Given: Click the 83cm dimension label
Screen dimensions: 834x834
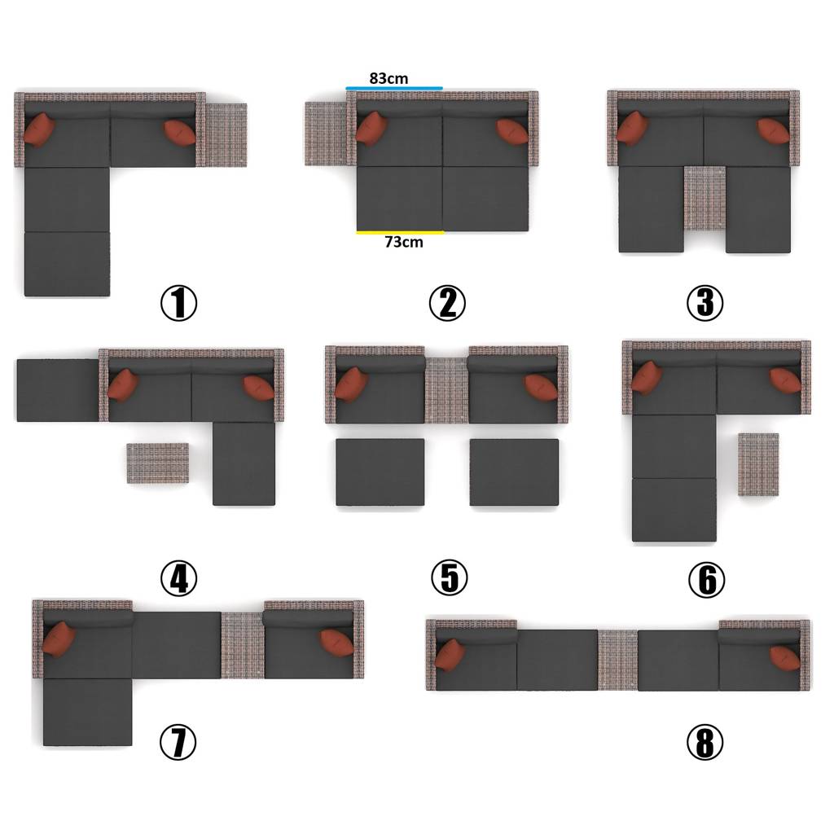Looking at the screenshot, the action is pyautogui.click(x=388, y=78).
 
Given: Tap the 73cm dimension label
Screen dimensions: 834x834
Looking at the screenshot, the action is pyautogui.click(x=404, y=242).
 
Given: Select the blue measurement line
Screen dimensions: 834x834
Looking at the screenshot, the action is pyautogui.click(x=394, y=88).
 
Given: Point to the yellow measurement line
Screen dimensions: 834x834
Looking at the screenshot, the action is pyautogui.click(x=401, y=232).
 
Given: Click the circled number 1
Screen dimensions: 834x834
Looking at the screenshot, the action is pyautogui.click(x=178, y=303).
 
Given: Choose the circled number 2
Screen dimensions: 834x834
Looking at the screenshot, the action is pyautogui.click(x=447, y=303).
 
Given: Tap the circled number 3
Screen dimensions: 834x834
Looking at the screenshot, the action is pyautogui.click(x=705, y=303).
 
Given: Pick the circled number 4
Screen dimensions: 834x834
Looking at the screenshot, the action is pyautogui.click(x=178, y=578).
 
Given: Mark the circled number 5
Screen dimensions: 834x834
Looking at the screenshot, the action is pyautogui.click(x=449, y=578).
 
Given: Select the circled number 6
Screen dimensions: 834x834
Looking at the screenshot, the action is pyautogui.click(x=706, y=579).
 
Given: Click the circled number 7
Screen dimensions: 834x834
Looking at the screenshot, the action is pyautogui.click(x=178, y=742).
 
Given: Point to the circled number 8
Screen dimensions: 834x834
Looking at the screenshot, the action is pyautogui.click(x=705, y=742).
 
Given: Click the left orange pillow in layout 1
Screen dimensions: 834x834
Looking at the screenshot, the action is pyautogui.click(x=39, y=130).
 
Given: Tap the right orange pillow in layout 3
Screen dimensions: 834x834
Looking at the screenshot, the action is pyautogui.click(x=774, y=131).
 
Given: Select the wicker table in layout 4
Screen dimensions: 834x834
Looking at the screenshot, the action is pyautogui.click(x=158, y=463).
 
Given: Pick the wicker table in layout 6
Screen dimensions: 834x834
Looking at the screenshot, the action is pyautogui.click(x=758, y=465).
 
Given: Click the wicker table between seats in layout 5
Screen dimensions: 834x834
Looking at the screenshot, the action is pyautogui.click(x=446, y=390).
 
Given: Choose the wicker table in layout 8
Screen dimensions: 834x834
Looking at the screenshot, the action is pyautogui.click(x=617, y=660).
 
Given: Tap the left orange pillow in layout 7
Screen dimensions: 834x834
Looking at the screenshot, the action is pyautogui.click(x=59, y=640).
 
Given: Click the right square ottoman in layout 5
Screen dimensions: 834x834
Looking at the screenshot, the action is pyautogui.click(x=514, y=472).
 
